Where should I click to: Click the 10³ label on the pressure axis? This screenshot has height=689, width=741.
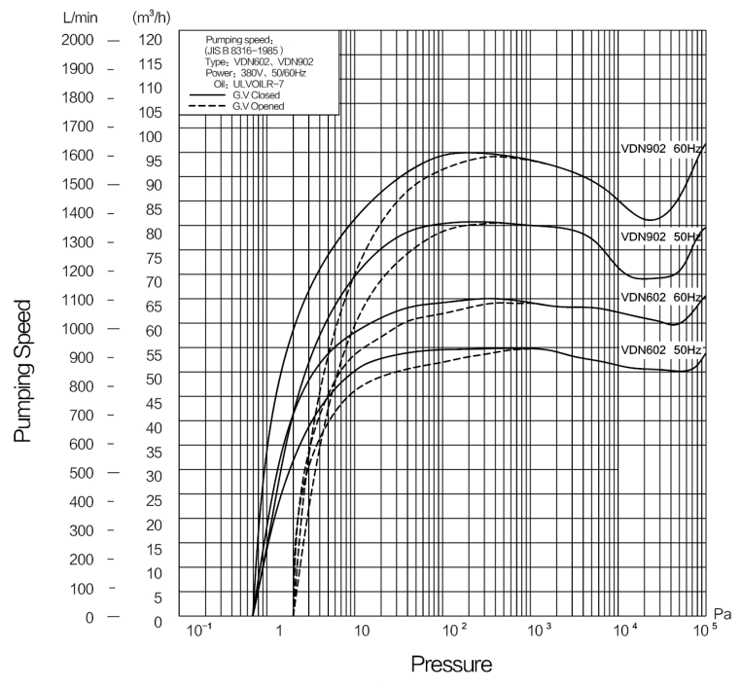[x=538, y=631]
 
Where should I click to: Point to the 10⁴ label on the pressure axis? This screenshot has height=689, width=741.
[x=623, y=631]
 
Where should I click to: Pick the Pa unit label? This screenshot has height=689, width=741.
[x=722, y=613]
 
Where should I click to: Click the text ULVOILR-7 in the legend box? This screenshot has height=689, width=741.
[x=256, y=84]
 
